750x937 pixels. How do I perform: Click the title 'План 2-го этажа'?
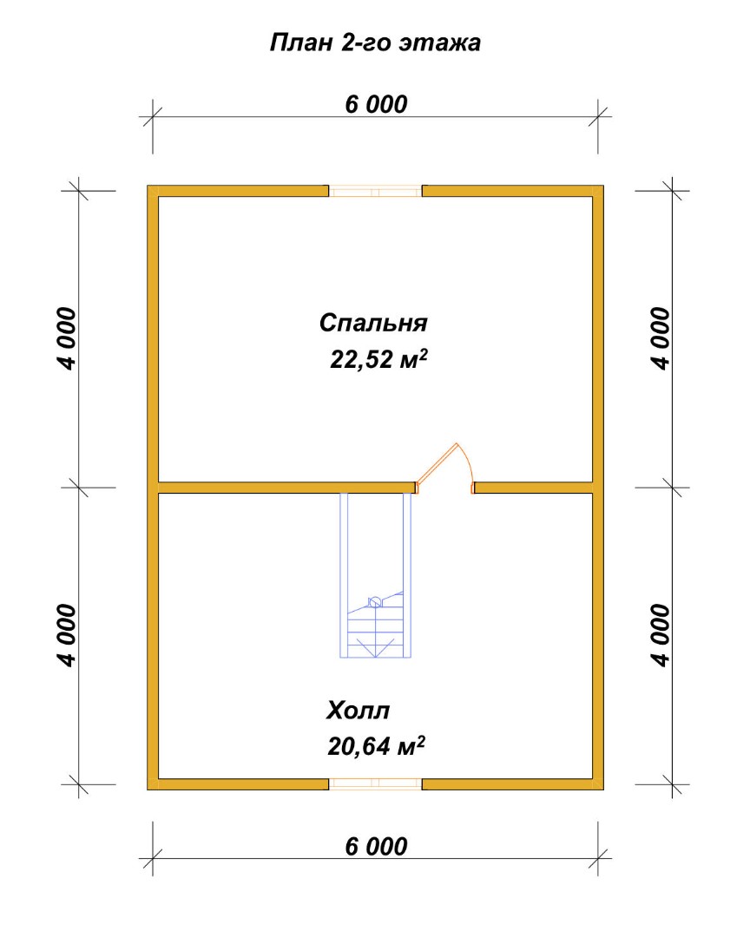[x=375, y=43]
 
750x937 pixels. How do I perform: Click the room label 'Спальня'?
[x=373, y=323]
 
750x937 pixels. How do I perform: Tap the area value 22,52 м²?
[x=378, y=359]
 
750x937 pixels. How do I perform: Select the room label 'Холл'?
[x=359, y=711]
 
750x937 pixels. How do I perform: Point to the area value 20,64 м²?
[x=376, y=746]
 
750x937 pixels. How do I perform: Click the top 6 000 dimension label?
[x=376, y=105]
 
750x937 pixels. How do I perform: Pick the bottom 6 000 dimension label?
[x=376, y=846]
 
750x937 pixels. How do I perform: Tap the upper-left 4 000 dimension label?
[x=68, y=339]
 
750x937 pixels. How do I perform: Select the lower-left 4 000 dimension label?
[x=68, y=635]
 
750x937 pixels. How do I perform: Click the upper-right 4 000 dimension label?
[x=661, y=339]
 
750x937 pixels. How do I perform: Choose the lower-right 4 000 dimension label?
[x=661, y=635]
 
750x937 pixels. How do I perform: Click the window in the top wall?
[x=376, y=191]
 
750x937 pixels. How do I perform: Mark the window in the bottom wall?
[x=376, y=784]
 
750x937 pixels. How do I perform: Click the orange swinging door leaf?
[x=437, y=462]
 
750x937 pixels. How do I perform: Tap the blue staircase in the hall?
[x=376, y=575]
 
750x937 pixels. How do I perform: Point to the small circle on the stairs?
[x=375, y=602]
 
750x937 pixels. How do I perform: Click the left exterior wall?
[x=153, y=488]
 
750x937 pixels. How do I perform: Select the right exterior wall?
[x=598, y=488]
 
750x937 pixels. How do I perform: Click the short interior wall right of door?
[x=534, y=488]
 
